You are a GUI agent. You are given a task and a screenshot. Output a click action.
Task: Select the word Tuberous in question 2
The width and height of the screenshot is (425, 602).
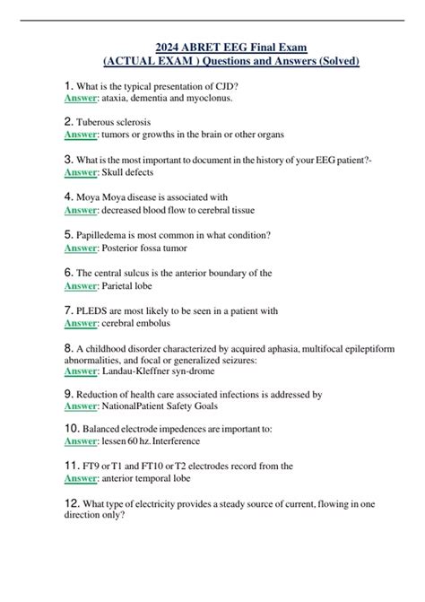coord(96,121)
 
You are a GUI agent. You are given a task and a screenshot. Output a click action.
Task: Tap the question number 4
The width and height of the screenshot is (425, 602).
coord(68,196)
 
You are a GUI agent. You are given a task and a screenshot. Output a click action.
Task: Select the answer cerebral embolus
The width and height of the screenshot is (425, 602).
coord(137,323)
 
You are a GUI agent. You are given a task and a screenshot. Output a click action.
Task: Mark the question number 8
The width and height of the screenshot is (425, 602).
coord(68,347)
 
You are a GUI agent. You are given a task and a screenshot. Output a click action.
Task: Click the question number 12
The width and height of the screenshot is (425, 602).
coord(72,506)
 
